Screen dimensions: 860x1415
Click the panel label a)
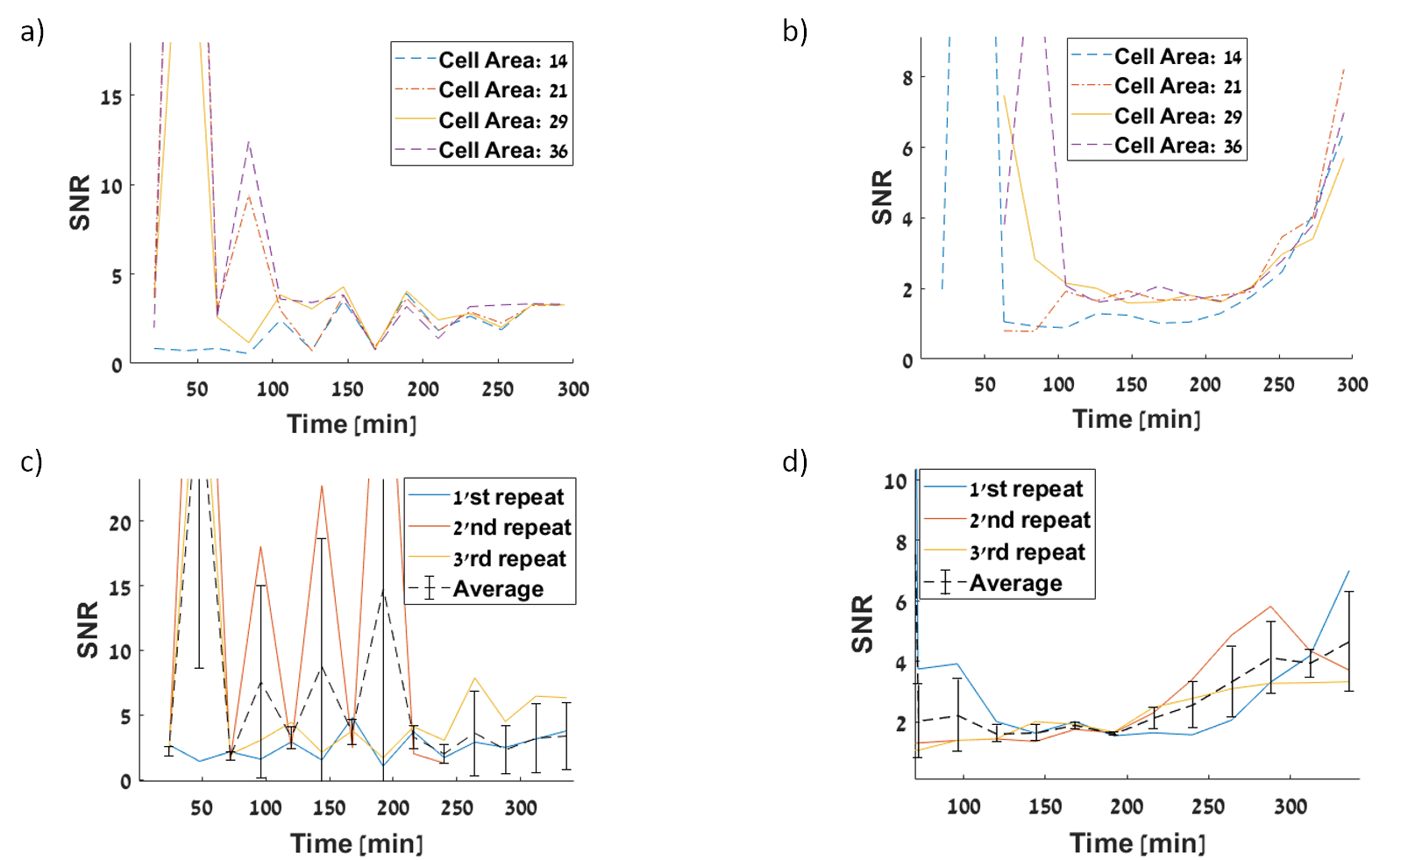(x=32, y=32)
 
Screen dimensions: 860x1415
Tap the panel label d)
(x=795, y=461)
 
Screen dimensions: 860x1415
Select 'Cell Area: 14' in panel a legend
(x=502, y=60)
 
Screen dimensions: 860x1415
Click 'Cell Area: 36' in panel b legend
(x=1177, y=146)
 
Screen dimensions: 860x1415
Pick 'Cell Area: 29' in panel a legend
(x=502, y=121)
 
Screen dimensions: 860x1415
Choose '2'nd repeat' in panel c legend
(x=511, y=528)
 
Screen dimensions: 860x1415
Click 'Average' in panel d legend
(x=1015, y=583)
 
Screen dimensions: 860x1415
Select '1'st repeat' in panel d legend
(x=1026, y=489)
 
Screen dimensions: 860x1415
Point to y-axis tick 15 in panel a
(x=110, y=96)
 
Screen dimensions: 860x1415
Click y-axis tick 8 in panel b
(x=907, y=78)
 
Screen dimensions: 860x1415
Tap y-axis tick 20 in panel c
(x=120, y=523)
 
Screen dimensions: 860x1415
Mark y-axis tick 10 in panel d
(x=894, y=481)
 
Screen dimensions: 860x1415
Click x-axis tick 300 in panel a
(x=573, y=389)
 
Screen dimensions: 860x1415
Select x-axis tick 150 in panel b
(x=1131, y=384)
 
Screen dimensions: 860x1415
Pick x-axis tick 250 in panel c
(x=457, y=807)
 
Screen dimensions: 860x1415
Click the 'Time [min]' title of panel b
(x=1136, y=419)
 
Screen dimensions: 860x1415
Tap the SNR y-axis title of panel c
(x=88, y=629)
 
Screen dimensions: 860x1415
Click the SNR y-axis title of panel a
(x=80, y=203)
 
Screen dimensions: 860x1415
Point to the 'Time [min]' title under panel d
(x=1137, y=843)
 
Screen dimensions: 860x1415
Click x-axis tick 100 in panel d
(x=963, y=807)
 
